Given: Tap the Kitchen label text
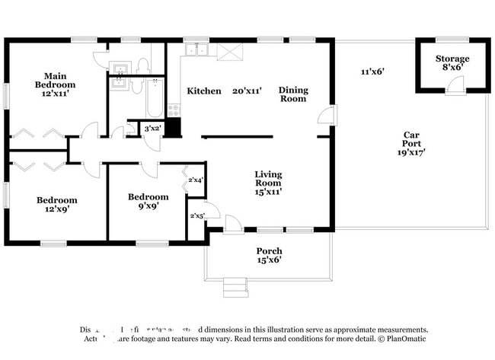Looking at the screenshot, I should pos(204,91).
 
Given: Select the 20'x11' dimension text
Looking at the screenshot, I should pos(247,91).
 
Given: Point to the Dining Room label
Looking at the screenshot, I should pos(292,94).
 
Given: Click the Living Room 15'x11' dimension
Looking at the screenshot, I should pos(267,192).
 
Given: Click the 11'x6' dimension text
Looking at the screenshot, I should pos(372,72).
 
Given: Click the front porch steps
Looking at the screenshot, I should pos(235,288).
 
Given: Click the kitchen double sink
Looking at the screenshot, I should pos(198,51).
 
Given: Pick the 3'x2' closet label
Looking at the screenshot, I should pos(152,129).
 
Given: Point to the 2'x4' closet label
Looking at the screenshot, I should pos(196,180).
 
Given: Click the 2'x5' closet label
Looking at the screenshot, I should pos(196,215).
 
